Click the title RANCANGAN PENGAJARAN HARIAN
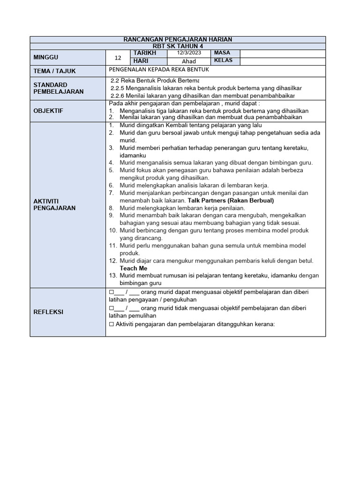(178, 40)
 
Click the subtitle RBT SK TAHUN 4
(178, 46)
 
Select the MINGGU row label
(46, 57)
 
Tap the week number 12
(118, 58)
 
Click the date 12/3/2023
(188, 53)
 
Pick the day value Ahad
(188, 61)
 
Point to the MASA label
(222, 53)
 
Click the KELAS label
(223, 61)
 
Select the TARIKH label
(144, 53)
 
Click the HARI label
(141, 61)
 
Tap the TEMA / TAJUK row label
(55, 71)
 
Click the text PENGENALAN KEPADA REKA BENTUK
(158, 69)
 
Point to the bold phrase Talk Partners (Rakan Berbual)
(231, 200)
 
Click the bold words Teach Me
(134, 268)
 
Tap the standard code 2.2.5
(118, 88)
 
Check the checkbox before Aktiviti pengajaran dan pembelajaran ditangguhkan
(111, 324)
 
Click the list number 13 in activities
(112, 276)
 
